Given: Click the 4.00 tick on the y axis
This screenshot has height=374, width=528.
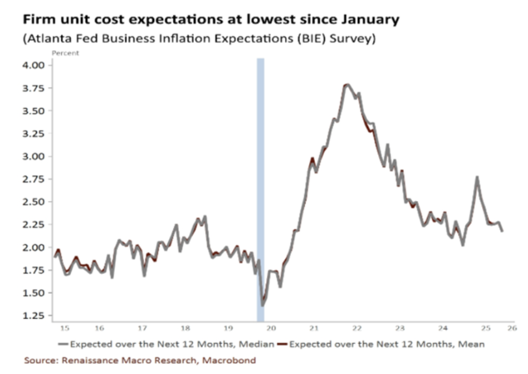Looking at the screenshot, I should point(33,65).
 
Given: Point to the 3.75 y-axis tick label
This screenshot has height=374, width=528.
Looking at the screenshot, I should point(33,88).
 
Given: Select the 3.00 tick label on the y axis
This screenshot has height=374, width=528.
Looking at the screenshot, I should point(33,156).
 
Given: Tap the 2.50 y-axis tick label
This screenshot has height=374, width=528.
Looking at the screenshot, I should point(33,202).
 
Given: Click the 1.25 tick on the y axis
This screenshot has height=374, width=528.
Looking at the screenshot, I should point(33,316).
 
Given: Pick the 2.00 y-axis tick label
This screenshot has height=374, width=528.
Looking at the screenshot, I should point(33,247).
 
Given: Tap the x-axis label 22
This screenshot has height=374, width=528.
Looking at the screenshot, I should point(357,328).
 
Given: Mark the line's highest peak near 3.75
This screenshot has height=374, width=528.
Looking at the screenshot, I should point(347,85).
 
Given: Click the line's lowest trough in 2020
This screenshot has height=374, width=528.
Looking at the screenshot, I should point(263,305).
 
